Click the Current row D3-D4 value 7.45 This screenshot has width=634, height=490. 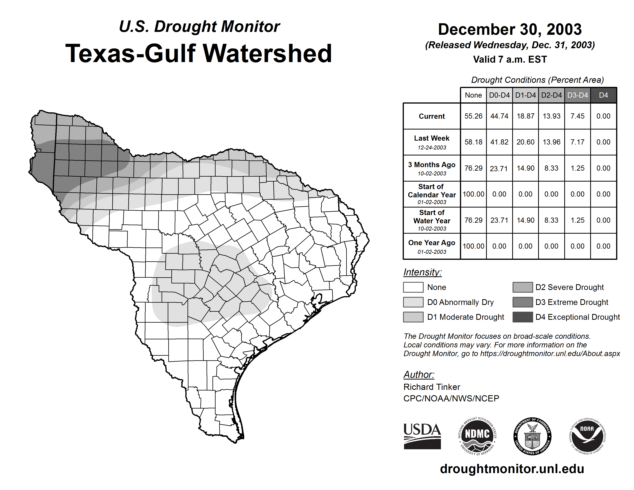tap(577, 116)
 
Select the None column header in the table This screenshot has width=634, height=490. tap(473, 95)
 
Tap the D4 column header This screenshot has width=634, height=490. tap(603, 95)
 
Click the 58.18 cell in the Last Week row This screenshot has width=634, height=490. tap(473, 142)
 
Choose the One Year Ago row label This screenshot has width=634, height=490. tap(432, 246)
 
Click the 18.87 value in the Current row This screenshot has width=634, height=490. tap(525, 116)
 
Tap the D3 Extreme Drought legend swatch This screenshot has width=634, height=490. tap(523, 302)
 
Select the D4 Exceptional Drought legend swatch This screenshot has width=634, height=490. tap(523, 317)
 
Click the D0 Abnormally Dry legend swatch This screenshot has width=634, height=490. tap(413, 302)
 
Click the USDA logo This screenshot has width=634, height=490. tap(422, 436)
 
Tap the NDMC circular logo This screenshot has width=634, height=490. tap(477, 436)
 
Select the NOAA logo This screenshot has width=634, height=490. tap(587, 436)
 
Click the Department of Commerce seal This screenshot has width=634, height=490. tap(532, 436)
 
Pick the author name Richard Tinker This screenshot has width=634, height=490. tap(432, 387)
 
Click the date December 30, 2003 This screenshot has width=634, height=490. tap(510, 30)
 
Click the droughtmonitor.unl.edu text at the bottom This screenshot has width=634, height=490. tap(512, 469)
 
